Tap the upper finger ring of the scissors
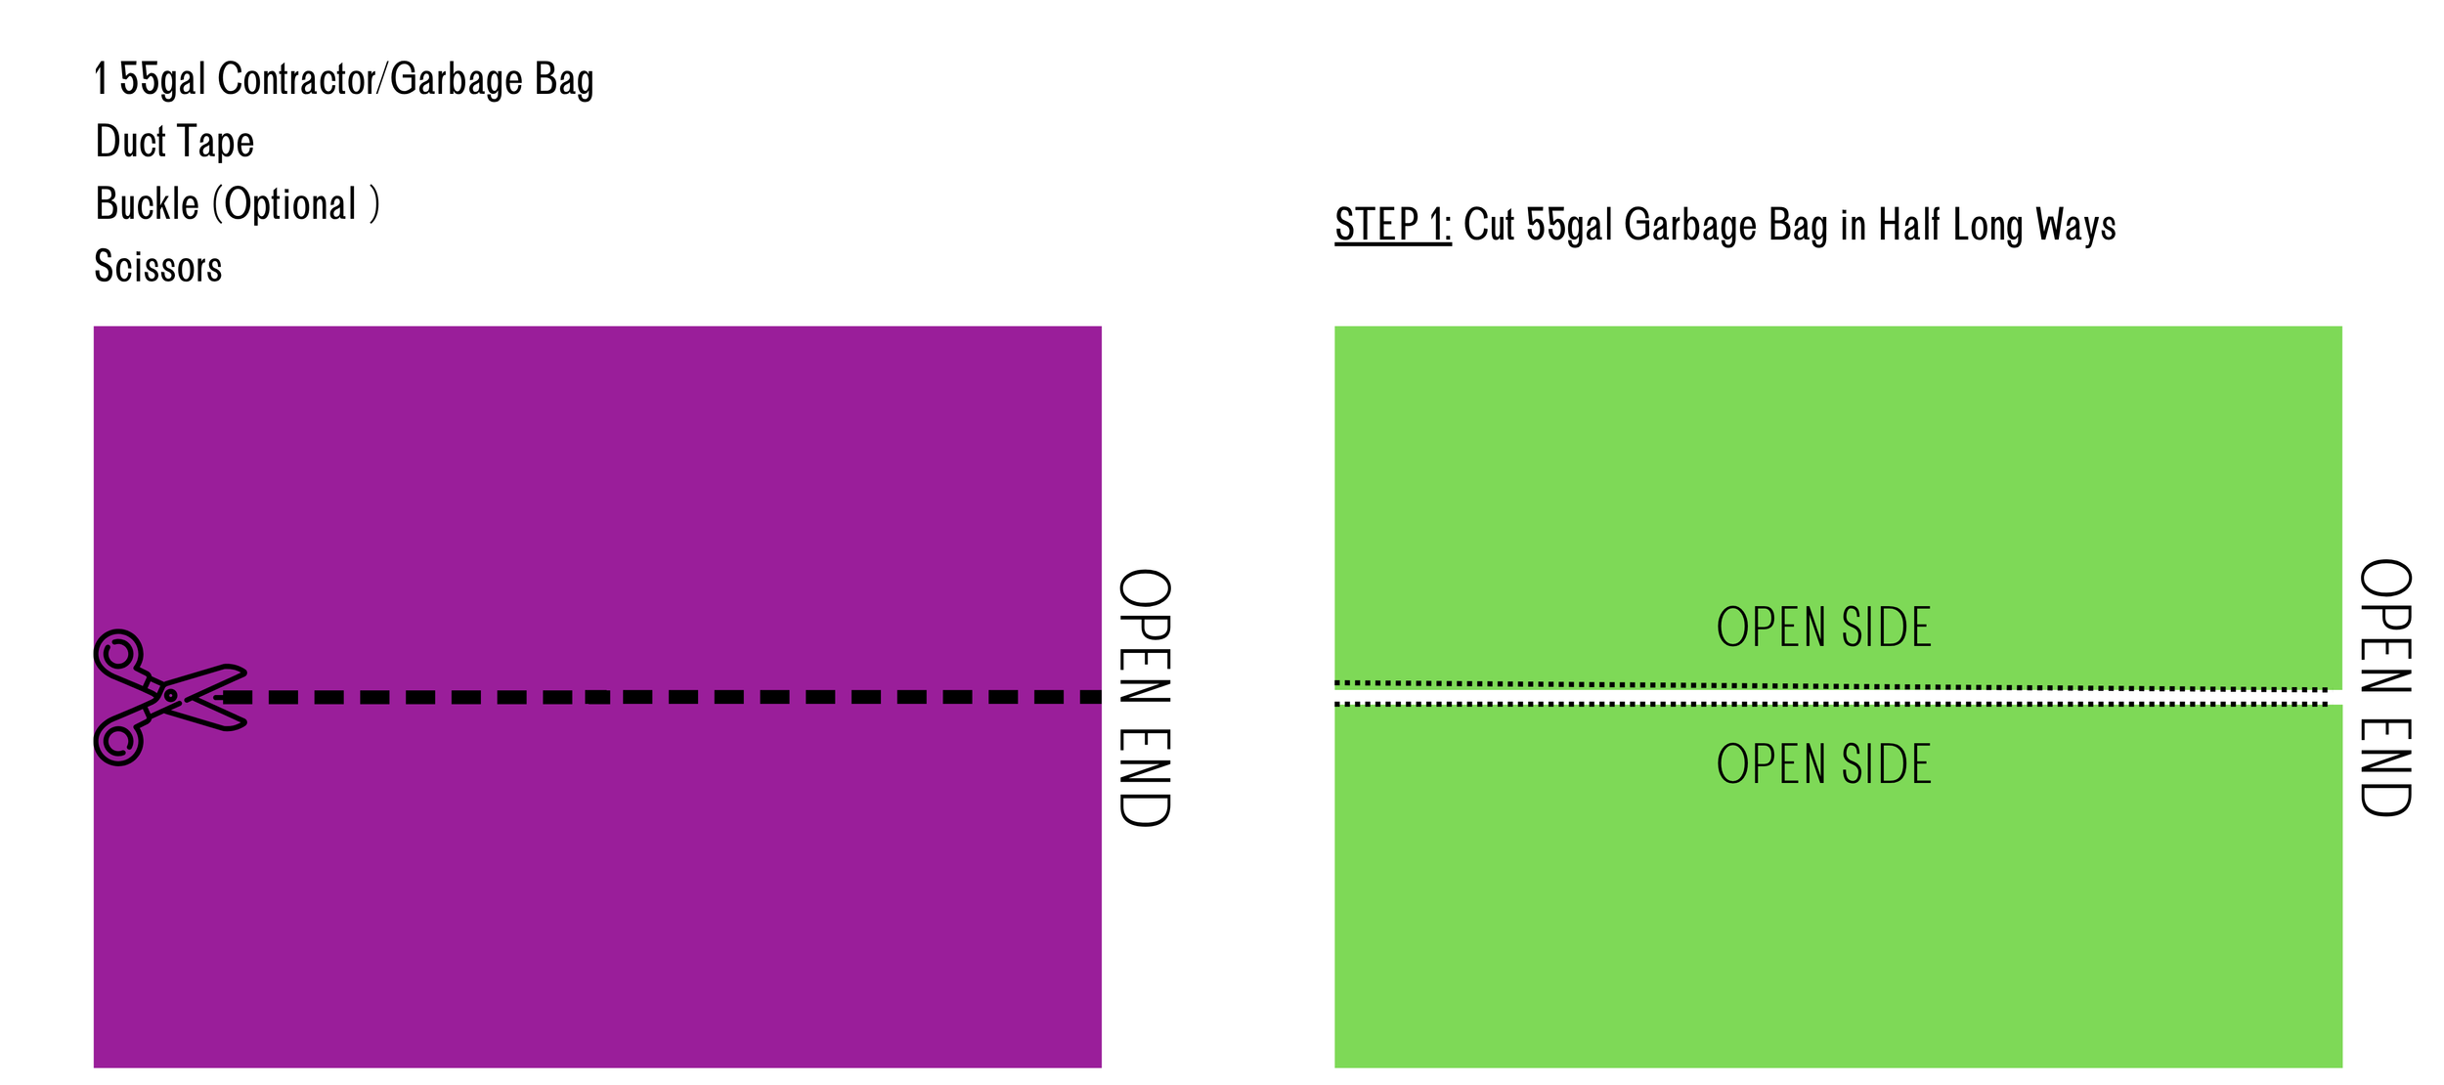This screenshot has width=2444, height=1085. click(x=118, y=653)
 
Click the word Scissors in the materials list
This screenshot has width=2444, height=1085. click(x=158, y=267)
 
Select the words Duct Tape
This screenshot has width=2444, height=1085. click(x=175, y=142)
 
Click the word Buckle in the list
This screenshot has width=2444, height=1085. click(x=147, y=204)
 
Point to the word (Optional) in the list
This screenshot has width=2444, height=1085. click(x=295, y=204)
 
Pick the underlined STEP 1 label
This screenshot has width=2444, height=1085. click(x=1392, y=225)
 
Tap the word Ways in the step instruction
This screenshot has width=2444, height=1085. click(x=2075, y=225)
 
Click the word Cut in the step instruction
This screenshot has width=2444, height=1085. click(x=1488, y=225)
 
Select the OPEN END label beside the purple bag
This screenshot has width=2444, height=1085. click(x=1144, y=697)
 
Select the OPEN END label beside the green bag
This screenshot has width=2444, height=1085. click(x=2385, y=687)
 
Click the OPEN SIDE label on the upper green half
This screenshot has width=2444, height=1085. click(x=1823, y=628)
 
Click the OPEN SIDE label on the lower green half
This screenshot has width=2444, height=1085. click(x=1823, y=764)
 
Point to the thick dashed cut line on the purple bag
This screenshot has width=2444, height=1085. click(x=665, y=697)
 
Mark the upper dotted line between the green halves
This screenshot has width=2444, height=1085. click(x=1828, y=686)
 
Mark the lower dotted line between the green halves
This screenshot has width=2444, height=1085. click(x=1828, y=704)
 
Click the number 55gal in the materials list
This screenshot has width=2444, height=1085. click(x=162, y=79)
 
